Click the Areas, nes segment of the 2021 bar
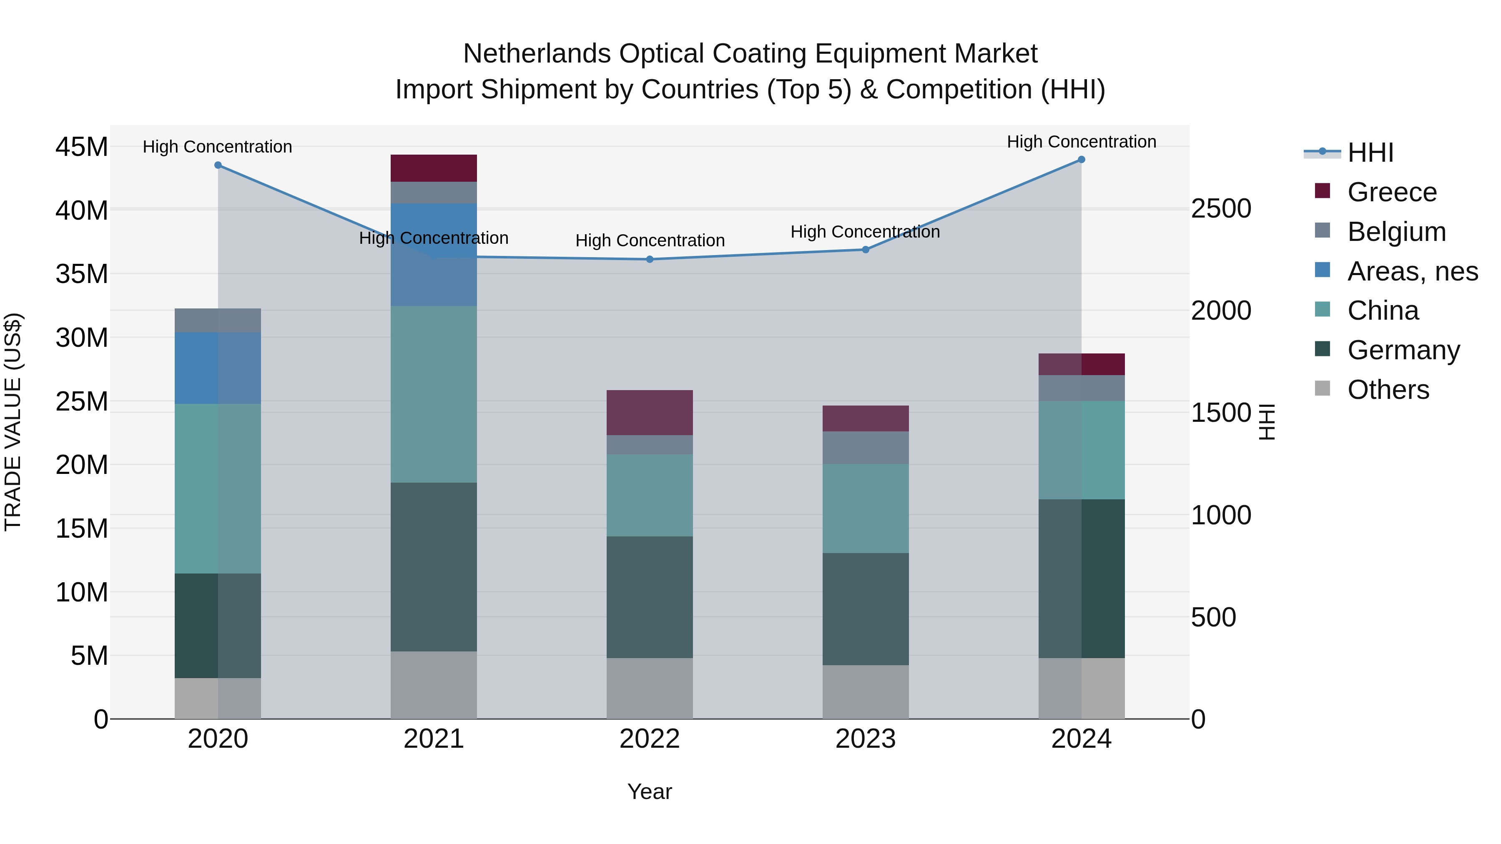tap(434, 255)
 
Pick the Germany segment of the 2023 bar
tap(865, 609)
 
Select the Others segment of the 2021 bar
tap(434, 685)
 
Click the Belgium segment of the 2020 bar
tap(218, 321)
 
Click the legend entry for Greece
tap(1391, 192)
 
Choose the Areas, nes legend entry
tap(1412, 271)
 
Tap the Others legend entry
tap(1387, 390)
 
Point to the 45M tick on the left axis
tap(82, 147)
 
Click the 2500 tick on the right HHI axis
tap(1221, 208)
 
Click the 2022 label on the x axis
tap(650, 739)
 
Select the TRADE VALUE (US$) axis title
tap(13, 422)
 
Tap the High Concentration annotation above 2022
tap(650, 240)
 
